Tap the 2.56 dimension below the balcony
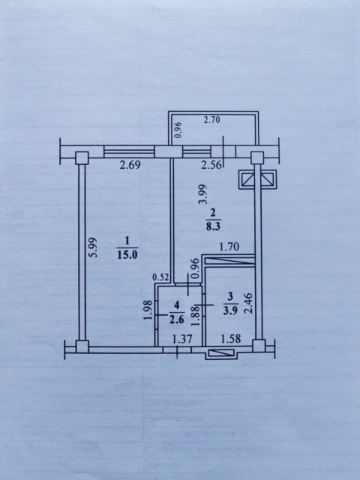[211, 166]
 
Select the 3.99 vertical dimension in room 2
[201, 196]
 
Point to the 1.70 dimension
[229, 244]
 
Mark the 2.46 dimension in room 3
[248, 302]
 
